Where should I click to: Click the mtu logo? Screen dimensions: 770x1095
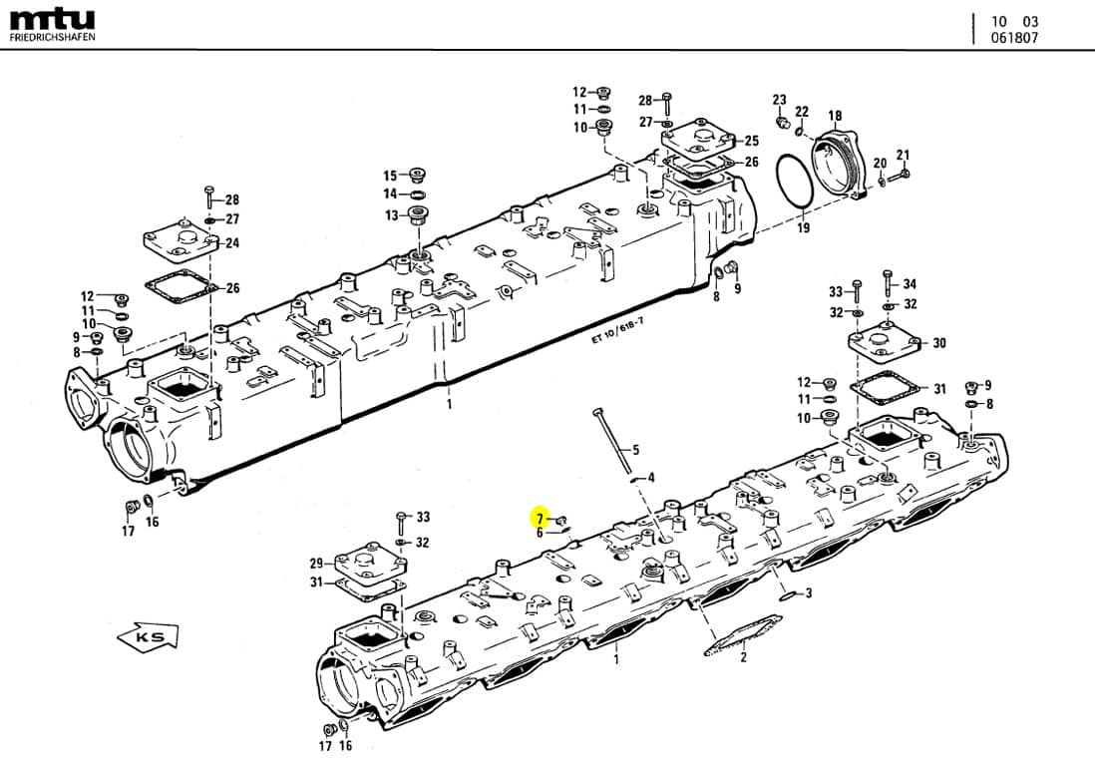[52, 19]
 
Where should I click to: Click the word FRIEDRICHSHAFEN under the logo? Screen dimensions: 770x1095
[53, 38]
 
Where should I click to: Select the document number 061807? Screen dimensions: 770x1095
[1014, 38]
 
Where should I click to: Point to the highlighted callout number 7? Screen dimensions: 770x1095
[541, 519]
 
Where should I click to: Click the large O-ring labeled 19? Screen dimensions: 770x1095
[795, 184]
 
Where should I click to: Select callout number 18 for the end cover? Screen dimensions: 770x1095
[835, 117]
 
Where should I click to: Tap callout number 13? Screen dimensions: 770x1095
[391, 215]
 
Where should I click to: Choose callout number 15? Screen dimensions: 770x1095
[390, 175]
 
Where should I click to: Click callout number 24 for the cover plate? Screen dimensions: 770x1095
[232, 243]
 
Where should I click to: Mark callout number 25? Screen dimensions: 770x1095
[751, 141]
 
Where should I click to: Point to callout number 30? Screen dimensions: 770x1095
[938, 343]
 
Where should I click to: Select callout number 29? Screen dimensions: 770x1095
[315, 564]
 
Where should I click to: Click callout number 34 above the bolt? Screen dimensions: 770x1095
[909, 284]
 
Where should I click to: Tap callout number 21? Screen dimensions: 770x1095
[903, 155]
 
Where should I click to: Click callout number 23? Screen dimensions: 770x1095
[779, 100]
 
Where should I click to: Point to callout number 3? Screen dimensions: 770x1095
[809, 593]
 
